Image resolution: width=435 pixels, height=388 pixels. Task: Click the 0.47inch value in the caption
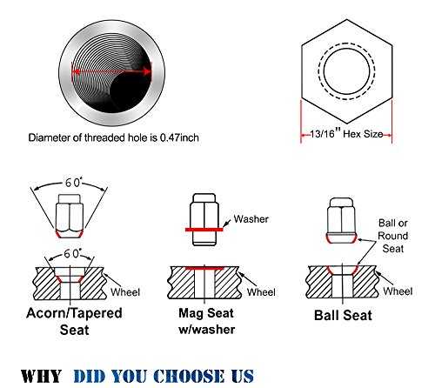[179, 137]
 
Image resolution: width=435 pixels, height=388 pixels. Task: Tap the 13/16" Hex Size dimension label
[346, 134]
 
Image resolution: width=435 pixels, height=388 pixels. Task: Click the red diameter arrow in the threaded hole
[112, 71]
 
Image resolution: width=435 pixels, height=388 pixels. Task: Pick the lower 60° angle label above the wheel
[72, 253]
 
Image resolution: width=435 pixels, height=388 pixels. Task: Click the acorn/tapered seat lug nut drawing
[70, 216]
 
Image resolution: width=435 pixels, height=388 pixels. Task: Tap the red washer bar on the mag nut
[204, 230]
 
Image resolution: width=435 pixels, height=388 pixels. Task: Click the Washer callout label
[251, 219]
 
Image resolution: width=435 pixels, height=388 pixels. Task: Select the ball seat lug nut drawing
[341, 220]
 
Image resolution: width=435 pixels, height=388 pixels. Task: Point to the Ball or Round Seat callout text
[393, 236]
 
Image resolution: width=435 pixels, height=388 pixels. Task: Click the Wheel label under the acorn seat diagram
[125, 292]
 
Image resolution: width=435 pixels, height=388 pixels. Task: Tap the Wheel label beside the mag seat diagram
[261, 292]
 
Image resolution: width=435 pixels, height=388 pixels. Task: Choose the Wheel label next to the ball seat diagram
[398, 291]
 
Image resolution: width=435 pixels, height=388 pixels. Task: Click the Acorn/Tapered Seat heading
[74, 321]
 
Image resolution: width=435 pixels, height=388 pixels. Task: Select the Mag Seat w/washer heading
[206, 321]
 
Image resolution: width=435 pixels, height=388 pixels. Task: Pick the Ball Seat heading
[343, 315]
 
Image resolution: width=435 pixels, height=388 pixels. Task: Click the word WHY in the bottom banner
[41, 376]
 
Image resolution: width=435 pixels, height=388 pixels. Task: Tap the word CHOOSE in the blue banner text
[189, 376]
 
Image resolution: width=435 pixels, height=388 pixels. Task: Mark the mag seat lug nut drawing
[204, 219]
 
